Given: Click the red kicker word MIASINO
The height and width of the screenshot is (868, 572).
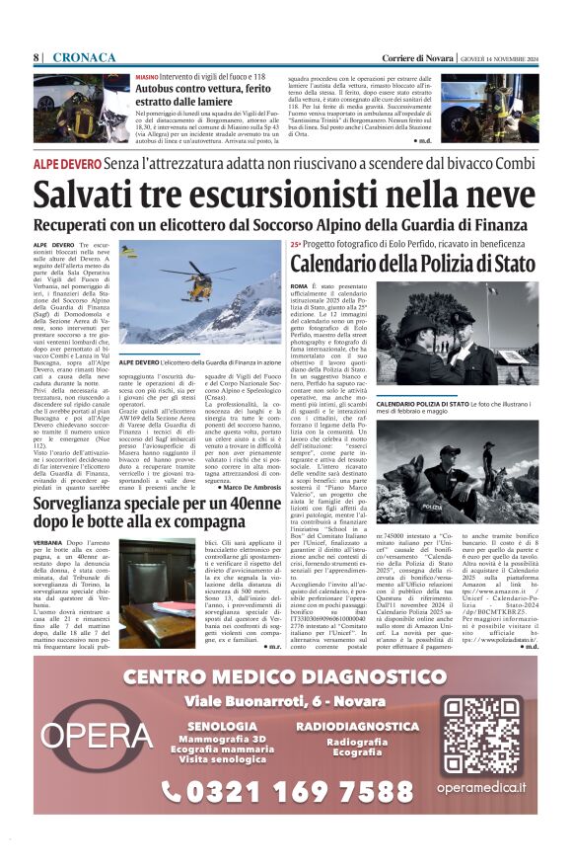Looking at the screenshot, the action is (x=146, y=76).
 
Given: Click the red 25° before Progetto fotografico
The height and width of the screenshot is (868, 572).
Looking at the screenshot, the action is (x=296, y=244).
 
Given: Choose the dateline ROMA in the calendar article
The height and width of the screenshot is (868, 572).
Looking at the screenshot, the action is (x=299, y=285).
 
